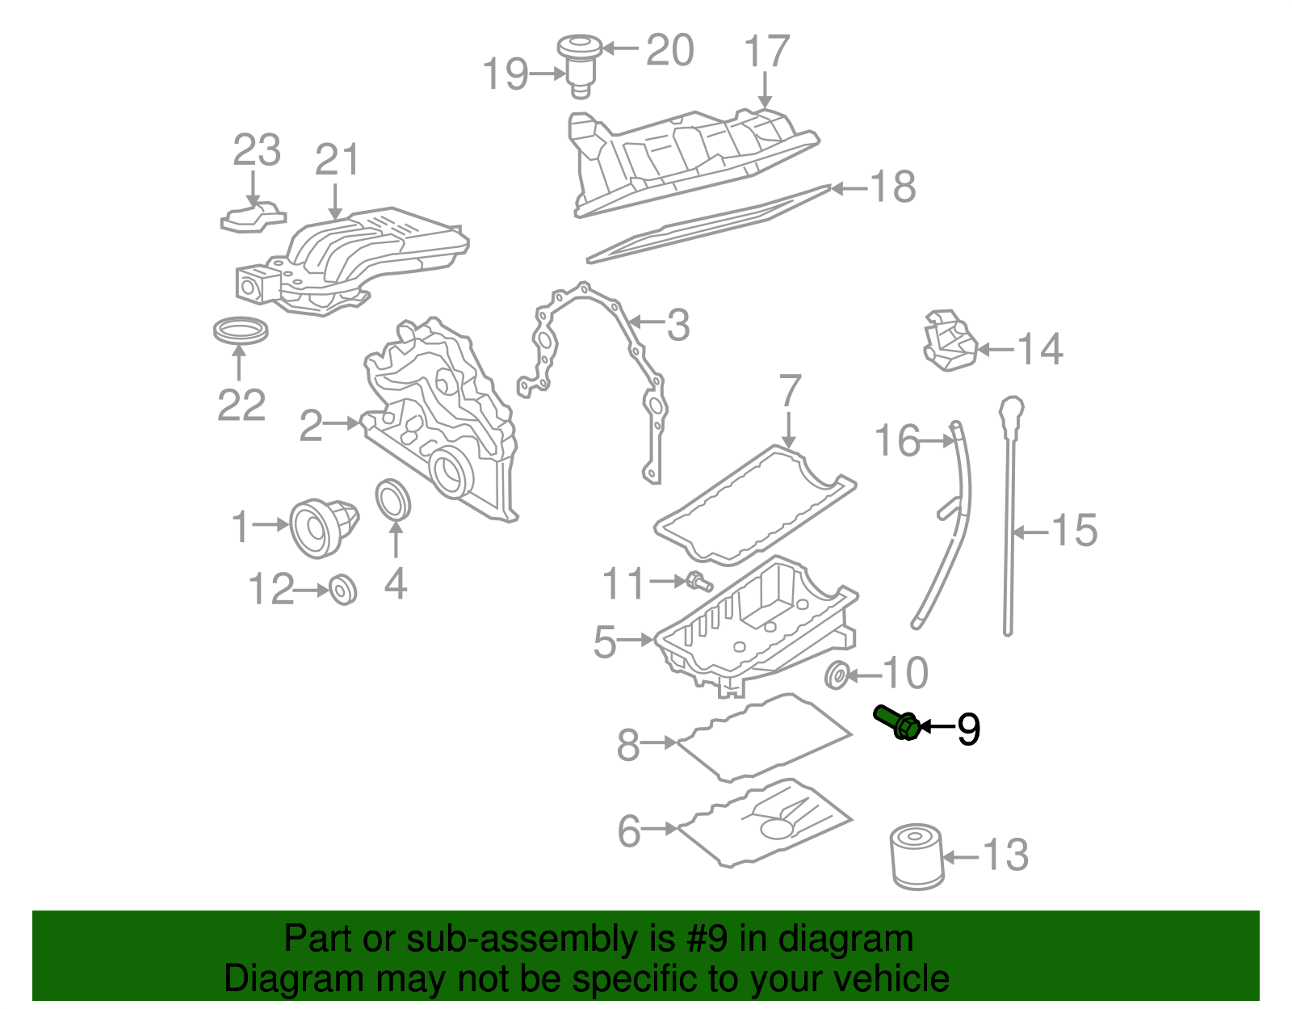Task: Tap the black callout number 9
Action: (x=968, y=729)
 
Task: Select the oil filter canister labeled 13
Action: (x=917, y=856)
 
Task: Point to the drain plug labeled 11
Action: (x=698, y=580)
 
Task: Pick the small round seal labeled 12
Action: (x=343, y=590)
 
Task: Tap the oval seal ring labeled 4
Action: (x=394, y=501)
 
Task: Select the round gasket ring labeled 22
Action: (x=240, y=330)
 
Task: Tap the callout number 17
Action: (x=766, y=52)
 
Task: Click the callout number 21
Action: (x=337, y=160)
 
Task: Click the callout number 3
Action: (x=677, y=325)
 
